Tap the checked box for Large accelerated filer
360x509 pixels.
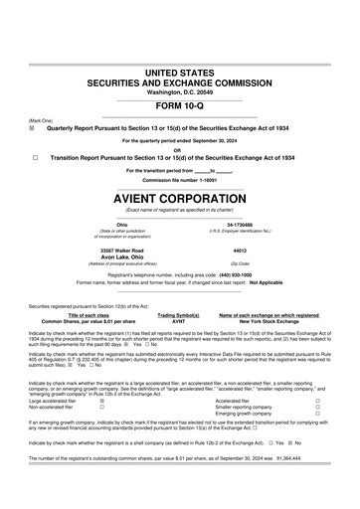[101, 401]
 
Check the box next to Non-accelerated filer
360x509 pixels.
[101, 407]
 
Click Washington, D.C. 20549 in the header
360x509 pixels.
[179, 91]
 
